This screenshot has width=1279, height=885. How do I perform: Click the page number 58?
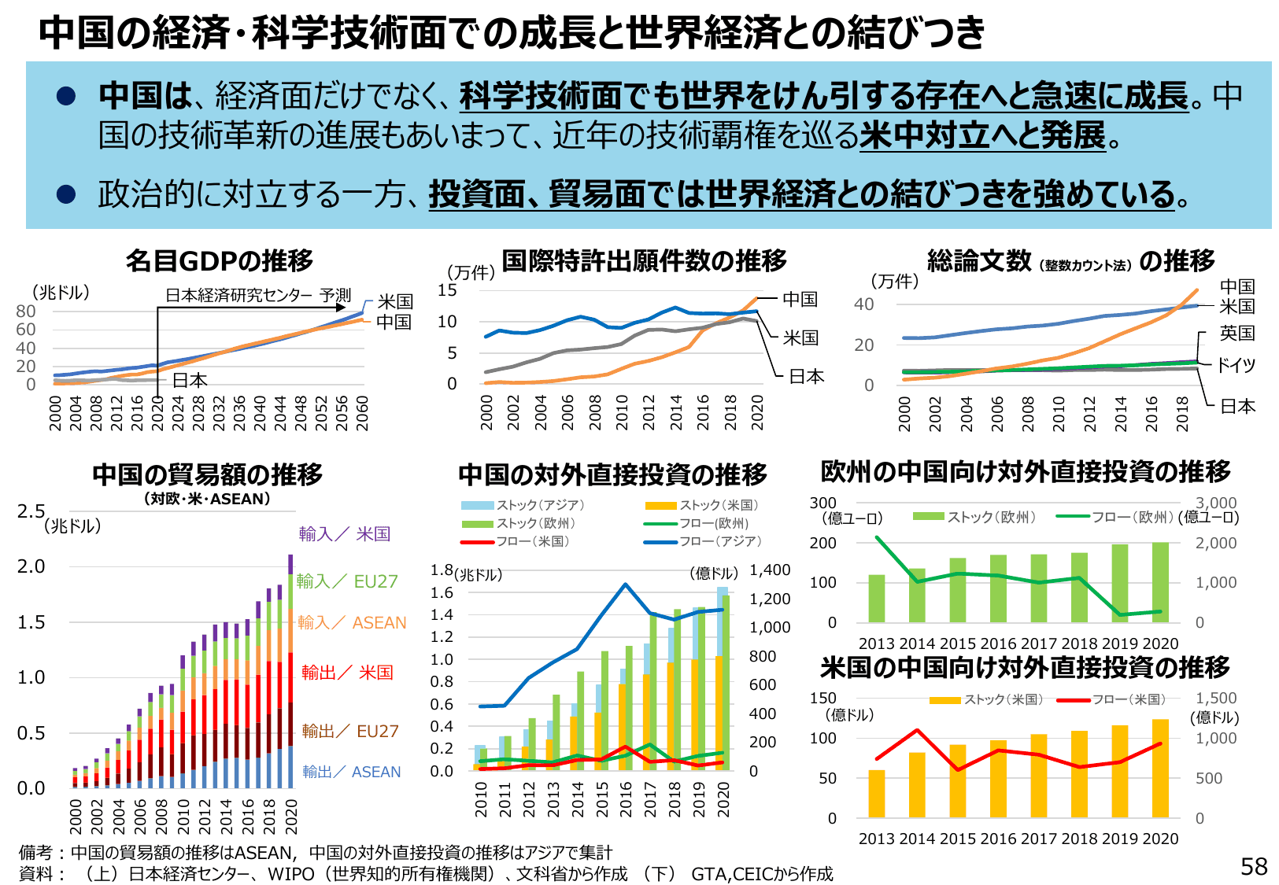tap(1254, 866)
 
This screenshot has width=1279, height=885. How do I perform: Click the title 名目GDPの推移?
tap(219, 260)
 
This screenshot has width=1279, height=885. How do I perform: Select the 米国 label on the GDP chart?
tap(394, 302)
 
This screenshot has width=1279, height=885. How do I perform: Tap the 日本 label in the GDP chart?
tap(190, 381)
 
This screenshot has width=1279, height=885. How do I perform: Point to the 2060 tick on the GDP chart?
tap(362, 413)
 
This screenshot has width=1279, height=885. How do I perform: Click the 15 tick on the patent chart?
tap(447, 290)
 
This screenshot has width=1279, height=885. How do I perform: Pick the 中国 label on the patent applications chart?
tap(800, 300)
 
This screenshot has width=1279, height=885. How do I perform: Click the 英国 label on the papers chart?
tap(1236, 334)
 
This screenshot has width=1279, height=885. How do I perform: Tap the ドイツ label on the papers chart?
tap(1236, 365)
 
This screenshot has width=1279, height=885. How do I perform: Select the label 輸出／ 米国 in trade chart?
tap(347, 673)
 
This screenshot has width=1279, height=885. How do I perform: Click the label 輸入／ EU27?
tap(347, 581)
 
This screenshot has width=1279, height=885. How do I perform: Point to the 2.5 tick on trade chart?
tap(31, 511)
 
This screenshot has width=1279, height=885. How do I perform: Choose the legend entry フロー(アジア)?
tap(719, 541)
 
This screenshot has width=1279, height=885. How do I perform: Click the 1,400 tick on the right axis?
tap(769, 570)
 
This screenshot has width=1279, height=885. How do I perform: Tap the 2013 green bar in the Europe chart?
tap(876, 599)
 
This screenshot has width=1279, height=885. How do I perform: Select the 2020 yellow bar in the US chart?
tap(1160, 769)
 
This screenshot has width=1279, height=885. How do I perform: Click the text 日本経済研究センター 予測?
tap(258, 296)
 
